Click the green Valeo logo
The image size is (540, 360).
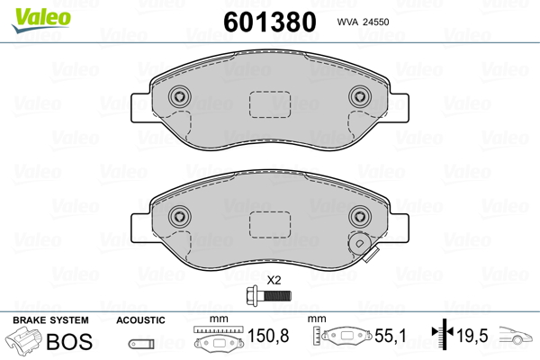pyautogui.click(x=41, y=20)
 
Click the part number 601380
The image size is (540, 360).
pyautogui.click(x=270, y=22)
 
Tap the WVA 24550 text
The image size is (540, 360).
pyautogui.click(x=363, y=22)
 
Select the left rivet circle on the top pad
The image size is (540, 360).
pyautogui.click(x=180, y=96)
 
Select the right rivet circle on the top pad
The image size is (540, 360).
pyautogui.click(x=360, y=96)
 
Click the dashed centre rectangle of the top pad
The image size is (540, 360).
pyautogui.click(x=270, y=104)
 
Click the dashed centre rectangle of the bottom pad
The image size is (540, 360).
pyautogui.click(x=270, y=225)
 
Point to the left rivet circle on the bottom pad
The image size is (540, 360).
pyautogui.click(x=180, y=217)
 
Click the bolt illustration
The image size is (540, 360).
pyautogui.click(x=269, y=295)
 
